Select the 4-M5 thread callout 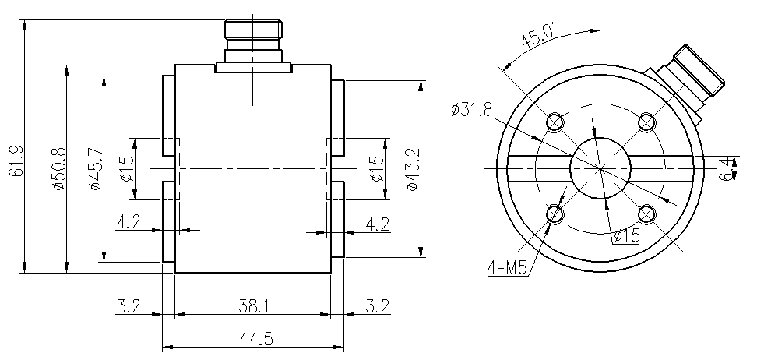(508, 268)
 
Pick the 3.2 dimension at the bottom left (129, 306)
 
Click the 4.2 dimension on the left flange (129, 223)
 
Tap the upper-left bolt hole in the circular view (555, 122)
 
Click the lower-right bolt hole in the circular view (646, 214)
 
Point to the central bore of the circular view (600, 168)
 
